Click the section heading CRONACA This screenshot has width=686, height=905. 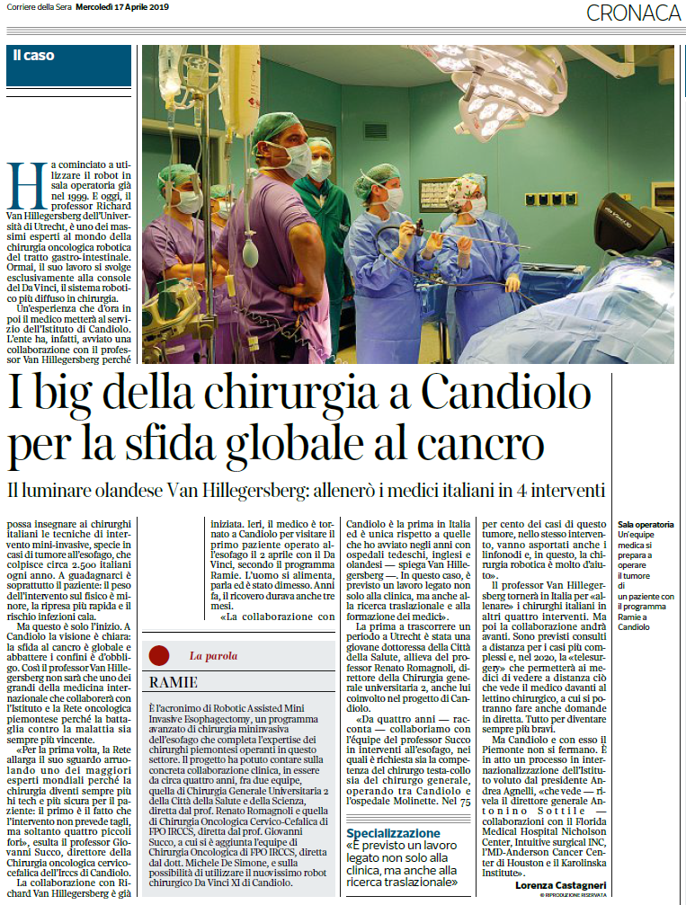click(633, 13)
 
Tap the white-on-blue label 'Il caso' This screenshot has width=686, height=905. click(34, 56)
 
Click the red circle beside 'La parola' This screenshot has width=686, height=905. click(159, 655)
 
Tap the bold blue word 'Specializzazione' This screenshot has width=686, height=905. click(394, 833)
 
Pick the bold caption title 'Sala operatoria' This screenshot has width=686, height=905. click(646, 524)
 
